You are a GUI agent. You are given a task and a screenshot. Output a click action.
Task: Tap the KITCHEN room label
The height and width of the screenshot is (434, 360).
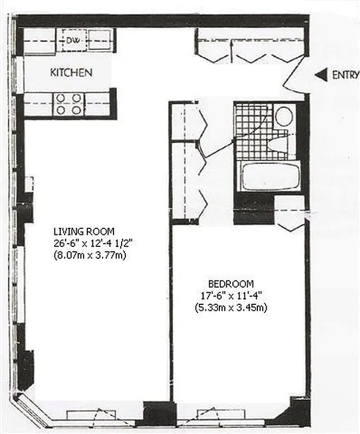coord(71,72)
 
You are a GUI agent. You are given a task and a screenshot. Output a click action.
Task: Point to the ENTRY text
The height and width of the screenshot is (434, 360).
coord(345,75)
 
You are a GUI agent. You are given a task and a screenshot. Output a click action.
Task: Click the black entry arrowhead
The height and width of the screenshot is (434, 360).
coord(321,75)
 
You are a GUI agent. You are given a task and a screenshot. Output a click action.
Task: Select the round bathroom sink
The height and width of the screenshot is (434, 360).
coord(283,116)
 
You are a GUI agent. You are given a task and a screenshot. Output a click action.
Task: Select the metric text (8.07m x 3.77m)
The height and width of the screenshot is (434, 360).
coord(89,254)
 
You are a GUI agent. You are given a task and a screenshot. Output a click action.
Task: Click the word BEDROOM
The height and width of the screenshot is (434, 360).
coord(230,284)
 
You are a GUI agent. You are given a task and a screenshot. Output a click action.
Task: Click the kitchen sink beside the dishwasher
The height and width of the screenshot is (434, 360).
coord(99,39)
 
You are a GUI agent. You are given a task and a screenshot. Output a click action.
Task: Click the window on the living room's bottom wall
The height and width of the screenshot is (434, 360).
coord(98,416)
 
